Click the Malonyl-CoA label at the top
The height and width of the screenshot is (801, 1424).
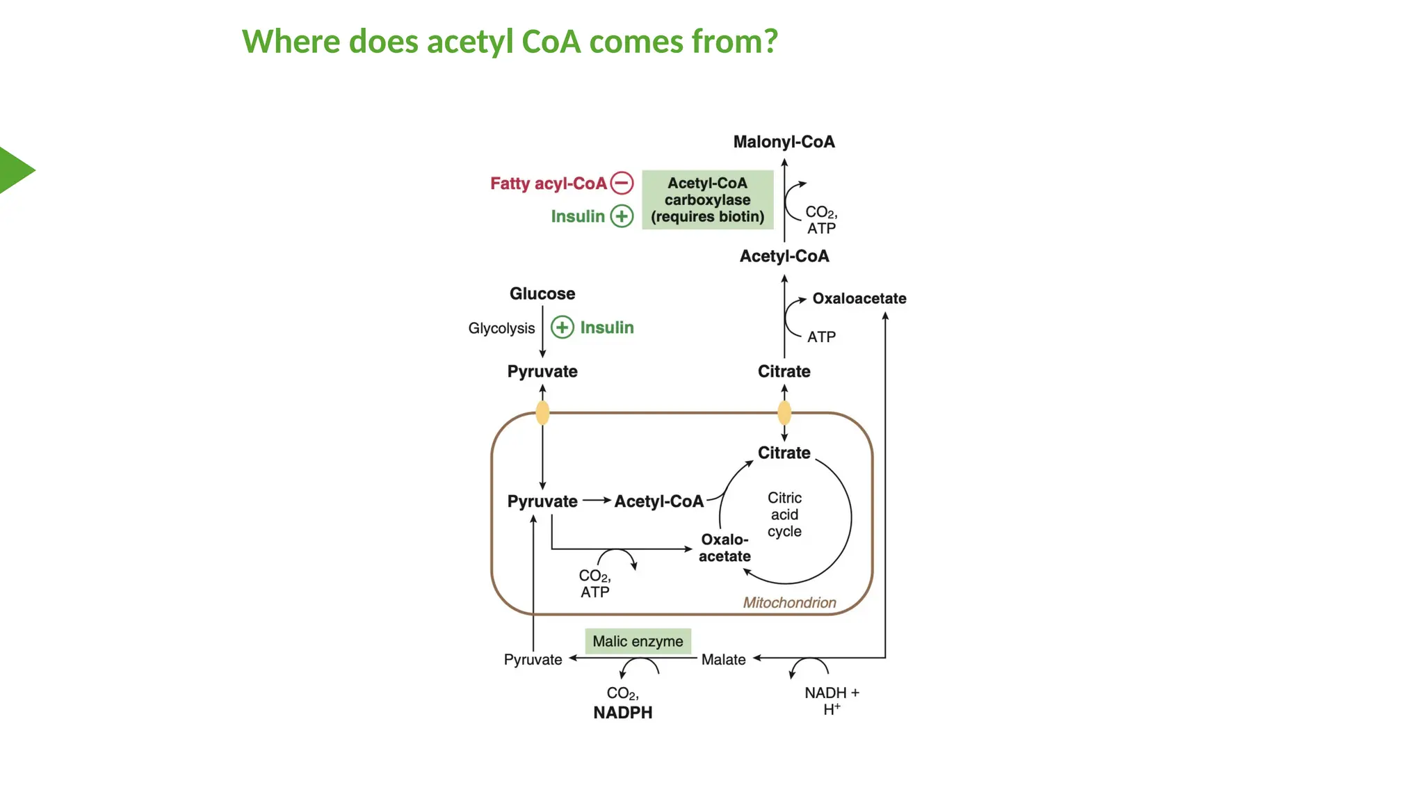(x=784, y=142)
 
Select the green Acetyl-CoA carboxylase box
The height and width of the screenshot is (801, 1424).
(x=707, y=200)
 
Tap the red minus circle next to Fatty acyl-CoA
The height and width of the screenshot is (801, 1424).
(x=622, y=183)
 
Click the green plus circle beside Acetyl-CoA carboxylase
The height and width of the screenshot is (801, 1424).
(x=622, y=216)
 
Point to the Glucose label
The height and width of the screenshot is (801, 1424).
(x=542, y=293)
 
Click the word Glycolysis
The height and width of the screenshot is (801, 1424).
(x=501, y=328)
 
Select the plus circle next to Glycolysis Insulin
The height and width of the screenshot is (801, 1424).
(x=562, y=327)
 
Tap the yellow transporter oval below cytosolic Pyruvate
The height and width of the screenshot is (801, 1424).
(x=542, y=413)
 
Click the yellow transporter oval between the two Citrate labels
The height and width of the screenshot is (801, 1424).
(x=784, y=413)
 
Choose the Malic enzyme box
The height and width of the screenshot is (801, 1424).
(x=638, y=641)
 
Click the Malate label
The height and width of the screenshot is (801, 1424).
(x=723, y=659)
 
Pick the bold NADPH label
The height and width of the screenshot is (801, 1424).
(x=622, y=713)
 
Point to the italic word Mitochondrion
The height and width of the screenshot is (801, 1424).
(x=789, y=603)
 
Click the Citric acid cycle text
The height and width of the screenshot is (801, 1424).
(x=784, y=515)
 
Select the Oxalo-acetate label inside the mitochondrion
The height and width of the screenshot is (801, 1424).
(x=725, y=548)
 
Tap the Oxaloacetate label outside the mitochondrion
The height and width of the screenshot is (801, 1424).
(x=859, y=298)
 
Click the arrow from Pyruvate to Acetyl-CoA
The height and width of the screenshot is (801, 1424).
(x=596, y=500)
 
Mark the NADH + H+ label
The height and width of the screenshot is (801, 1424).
(x=832, y=700)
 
